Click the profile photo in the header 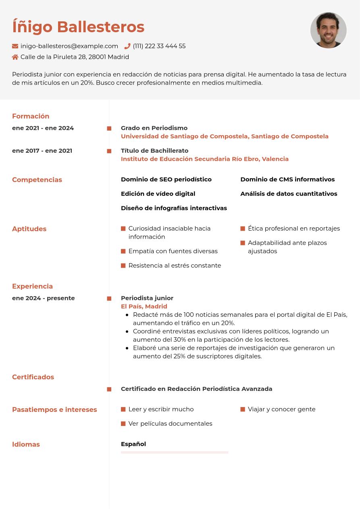(x=329, y=30)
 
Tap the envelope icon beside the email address (x=15, y=46)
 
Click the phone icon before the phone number (x=127, y=46)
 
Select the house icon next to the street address (x=15, y=57)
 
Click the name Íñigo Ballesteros (x=78, y=27)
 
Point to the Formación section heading (x=31, y=116)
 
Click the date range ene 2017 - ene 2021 (x=42, y=151)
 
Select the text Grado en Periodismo (x=154, y=128)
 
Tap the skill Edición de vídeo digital (x=158, y=194)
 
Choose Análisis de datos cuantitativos (x=289, y=194)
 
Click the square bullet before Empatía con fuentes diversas (x=123, y=251)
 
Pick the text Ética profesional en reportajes (x=293, y=229)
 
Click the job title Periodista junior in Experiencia (x=147, y=298)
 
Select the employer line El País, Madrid (x=144, y=307)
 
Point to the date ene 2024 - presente (x=43, y=298)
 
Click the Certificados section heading (x=33, y=377)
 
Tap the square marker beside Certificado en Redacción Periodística (x=109, y=389)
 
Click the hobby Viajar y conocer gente (x=281, y=409)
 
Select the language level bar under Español (x=175, y=453)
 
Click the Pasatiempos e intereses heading (x=54, y=410)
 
